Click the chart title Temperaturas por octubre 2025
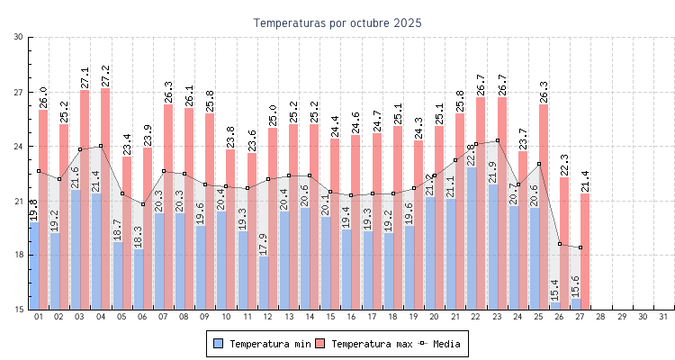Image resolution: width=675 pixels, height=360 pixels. (x=337, y=22)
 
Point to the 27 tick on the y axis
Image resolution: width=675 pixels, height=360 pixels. (x=19, y=92)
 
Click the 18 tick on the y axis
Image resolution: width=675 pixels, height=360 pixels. (x=19, y=255)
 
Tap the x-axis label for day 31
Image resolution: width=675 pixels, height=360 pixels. (x=663, y=317)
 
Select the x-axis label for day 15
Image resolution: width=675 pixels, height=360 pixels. (x=329, y=317)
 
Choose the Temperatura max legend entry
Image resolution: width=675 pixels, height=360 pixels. (x=364, y=344)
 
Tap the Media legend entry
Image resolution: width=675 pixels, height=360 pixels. (x=441, y=344)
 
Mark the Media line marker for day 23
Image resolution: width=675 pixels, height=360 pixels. (x=498, y=140)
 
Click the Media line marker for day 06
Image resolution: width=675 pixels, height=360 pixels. (x=142, y=204)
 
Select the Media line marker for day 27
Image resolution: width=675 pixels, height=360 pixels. (x=580, y=247)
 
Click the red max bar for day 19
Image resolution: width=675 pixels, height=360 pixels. (x=418, y=225)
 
